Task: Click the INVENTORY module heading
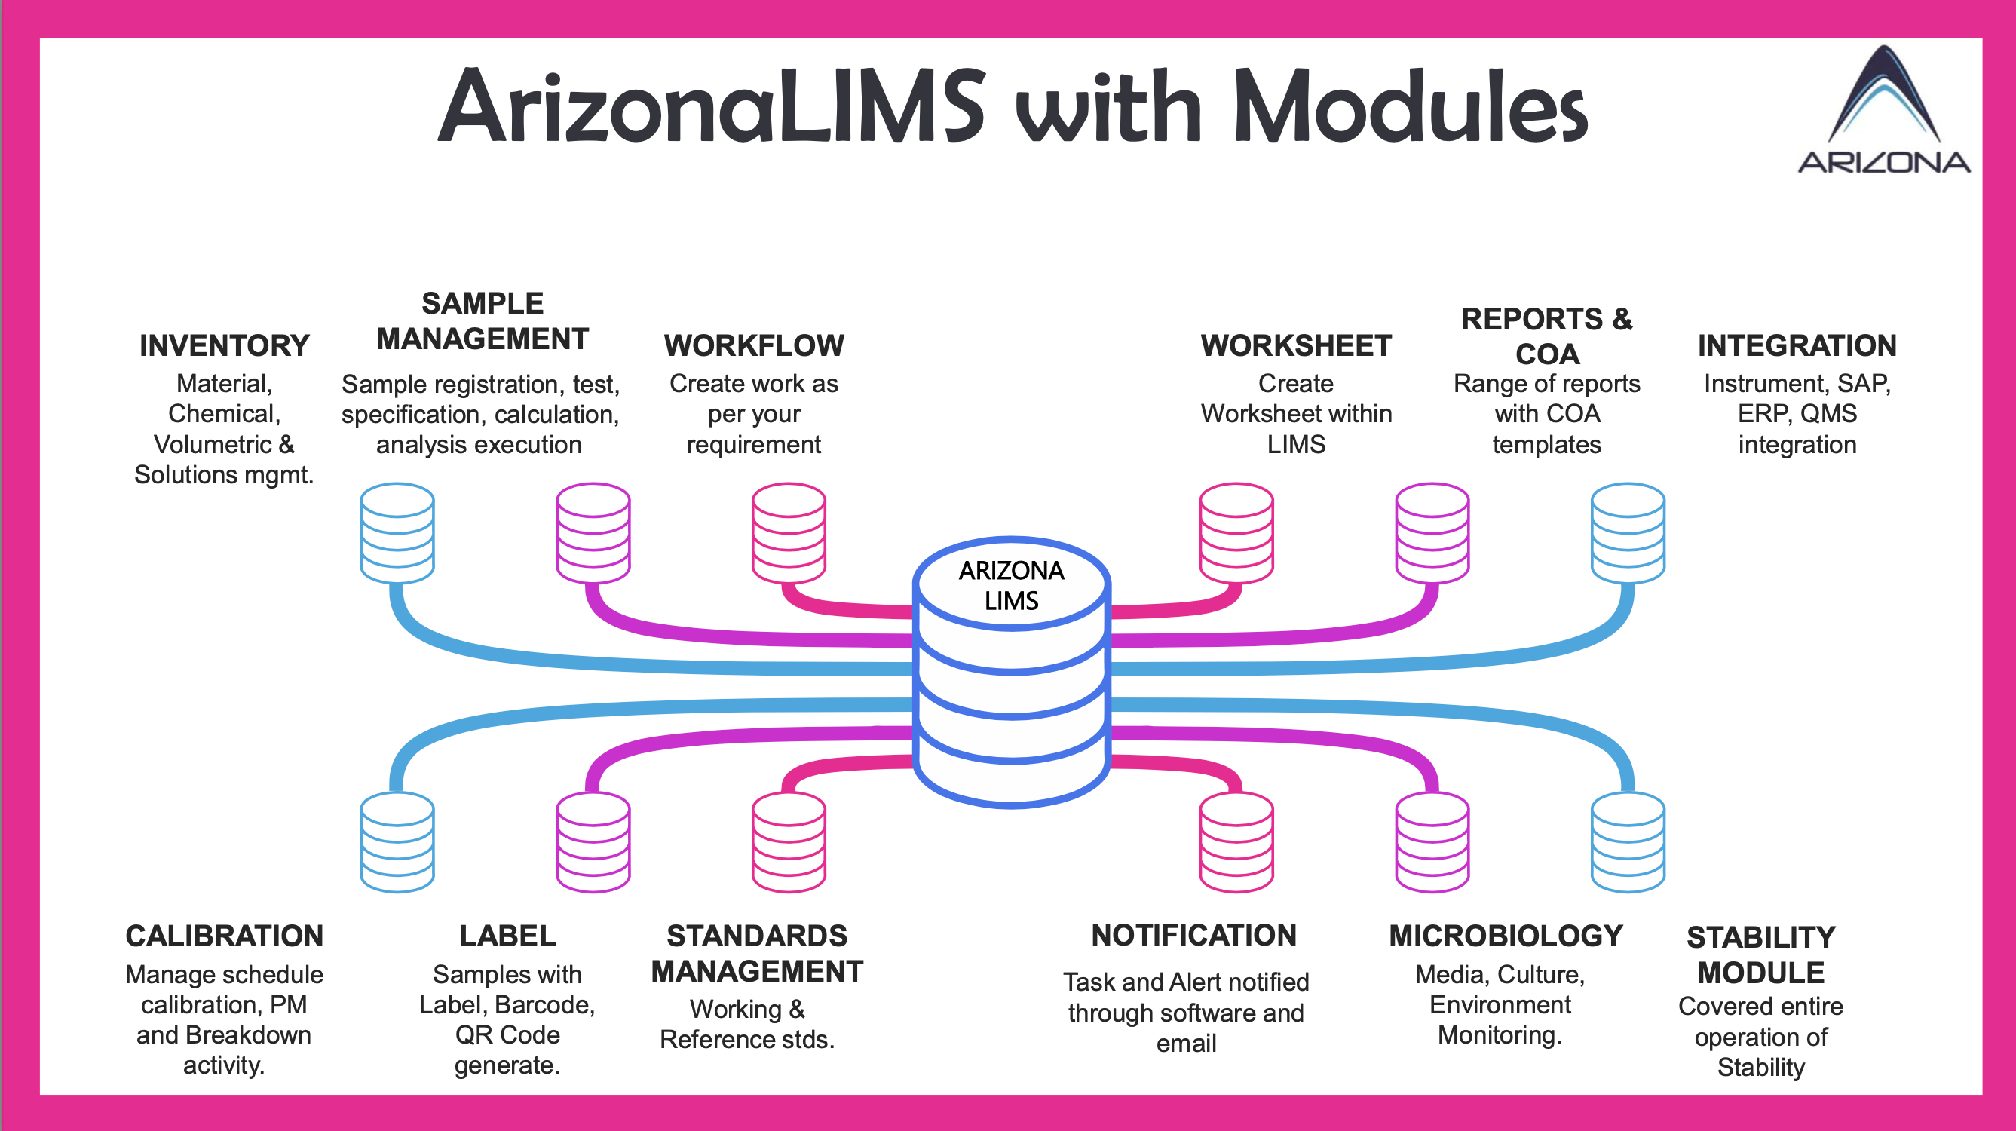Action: [225, 345]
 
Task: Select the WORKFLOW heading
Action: [754, 345]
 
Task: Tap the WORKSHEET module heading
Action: [1296, 345]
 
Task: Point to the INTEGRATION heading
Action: [1797, 345]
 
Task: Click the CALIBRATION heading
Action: [225, 935]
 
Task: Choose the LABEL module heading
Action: [508, 935]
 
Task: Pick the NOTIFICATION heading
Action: [1193, 934]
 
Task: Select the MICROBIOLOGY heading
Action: [1506, 935]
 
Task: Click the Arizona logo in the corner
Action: [1884, 109]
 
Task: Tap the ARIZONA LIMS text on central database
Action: [1011, 584]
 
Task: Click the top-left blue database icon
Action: [397, 533]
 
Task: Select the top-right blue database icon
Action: [1628, 533]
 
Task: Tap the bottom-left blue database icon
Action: [397, 842]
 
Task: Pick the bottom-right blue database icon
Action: [1628, 842]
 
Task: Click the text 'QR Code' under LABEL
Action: [508, 1034]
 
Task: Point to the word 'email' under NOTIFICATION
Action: [1186, 1044]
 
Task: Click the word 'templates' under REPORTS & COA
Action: [1546, 445]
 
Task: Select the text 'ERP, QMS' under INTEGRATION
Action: [1797, 413]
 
